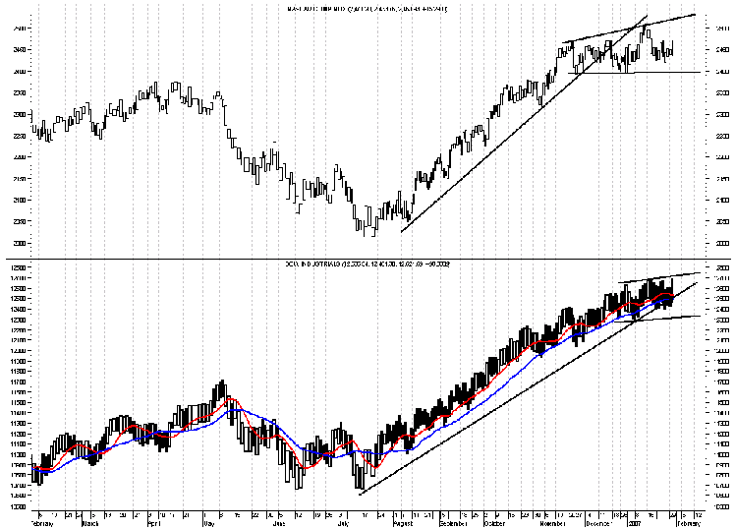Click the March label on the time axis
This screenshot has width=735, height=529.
click(x=90, y=523)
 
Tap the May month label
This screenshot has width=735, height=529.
click(x=207, y=523)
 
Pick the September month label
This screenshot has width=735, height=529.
click(x=453, y=523)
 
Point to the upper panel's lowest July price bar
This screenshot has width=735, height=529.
click(x=363, y=231)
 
